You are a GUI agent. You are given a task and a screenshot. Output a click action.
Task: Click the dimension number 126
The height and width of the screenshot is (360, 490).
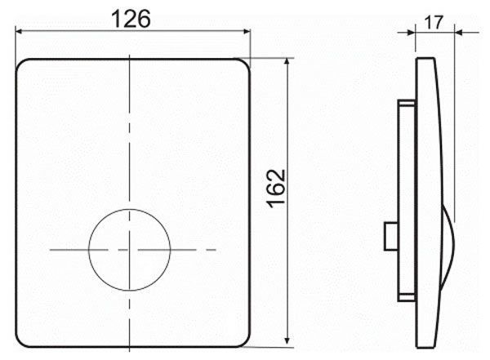tap(131, 19)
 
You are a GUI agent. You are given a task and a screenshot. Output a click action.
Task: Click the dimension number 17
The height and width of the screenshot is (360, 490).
tap(434, 23)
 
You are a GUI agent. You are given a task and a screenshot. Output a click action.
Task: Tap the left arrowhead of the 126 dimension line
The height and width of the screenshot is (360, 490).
tap(19, 31)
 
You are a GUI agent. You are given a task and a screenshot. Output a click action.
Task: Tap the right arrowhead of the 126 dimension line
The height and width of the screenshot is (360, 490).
tap(247, 31)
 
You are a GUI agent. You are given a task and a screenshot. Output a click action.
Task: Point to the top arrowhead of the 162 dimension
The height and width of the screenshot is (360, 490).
tap(287, 62)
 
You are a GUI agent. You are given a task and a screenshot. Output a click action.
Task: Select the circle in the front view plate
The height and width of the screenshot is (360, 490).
tap(89, 250)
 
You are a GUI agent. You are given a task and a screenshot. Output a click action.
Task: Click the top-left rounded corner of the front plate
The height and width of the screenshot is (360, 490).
tap(20, 63)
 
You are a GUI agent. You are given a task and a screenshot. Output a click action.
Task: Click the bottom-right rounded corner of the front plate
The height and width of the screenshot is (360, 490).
tap(247, 343)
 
